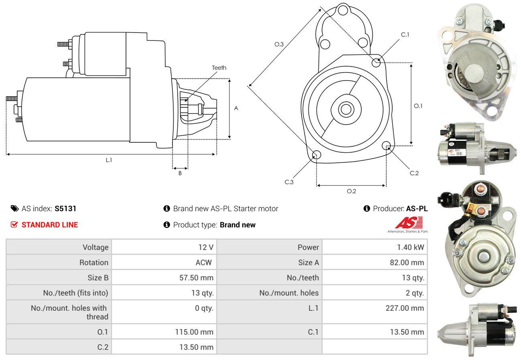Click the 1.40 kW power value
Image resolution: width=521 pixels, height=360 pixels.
pos(410,247)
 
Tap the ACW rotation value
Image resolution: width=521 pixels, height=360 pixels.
pos(203,263)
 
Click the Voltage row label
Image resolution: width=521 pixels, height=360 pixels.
pos(95,247)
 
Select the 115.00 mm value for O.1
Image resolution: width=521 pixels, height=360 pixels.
pos(195,332)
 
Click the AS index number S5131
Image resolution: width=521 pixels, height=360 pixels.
pos(65,208)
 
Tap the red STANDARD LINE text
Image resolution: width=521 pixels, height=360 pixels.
pos(50,225)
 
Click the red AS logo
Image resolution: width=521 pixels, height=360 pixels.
pos(409,222)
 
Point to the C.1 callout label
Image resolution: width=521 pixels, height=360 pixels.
pos(405,34)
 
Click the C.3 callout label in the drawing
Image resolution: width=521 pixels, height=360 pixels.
pos(289,182)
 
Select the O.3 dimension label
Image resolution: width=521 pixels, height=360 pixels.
pos(279,44)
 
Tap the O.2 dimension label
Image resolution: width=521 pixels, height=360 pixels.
pos(351,191)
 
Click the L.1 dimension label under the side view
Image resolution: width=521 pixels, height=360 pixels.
pos(109,160)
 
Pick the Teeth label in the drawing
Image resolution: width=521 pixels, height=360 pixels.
pos(219,68)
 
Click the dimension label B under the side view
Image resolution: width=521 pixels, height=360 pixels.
pos(180,174)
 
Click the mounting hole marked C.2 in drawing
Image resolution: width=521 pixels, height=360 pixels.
pos(386,146)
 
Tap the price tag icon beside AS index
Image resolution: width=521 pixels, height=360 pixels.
pos(14,208)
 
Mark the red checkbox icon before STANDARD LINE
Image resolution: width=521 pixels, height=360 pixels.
pos(14,225)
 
